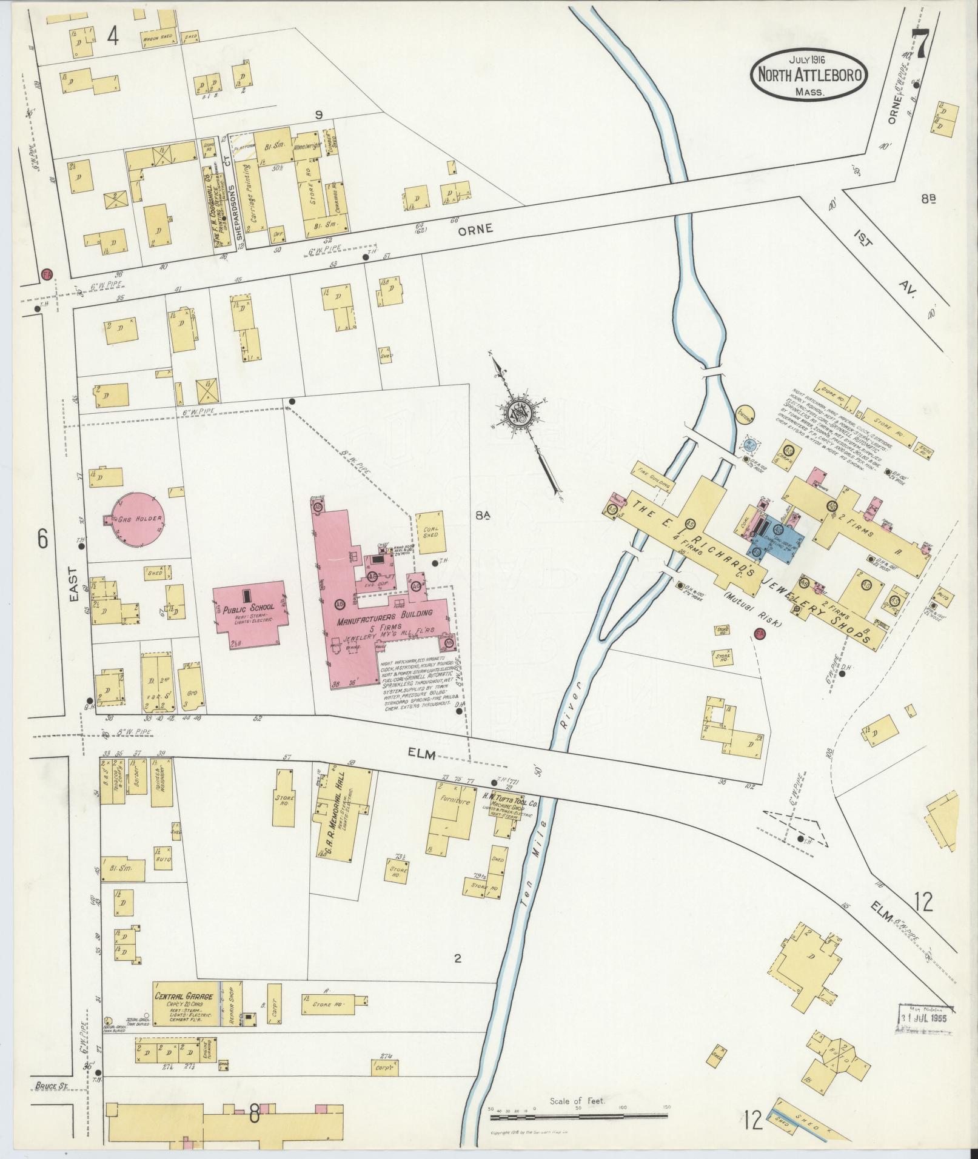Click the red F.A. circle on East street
coord(47,274)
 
